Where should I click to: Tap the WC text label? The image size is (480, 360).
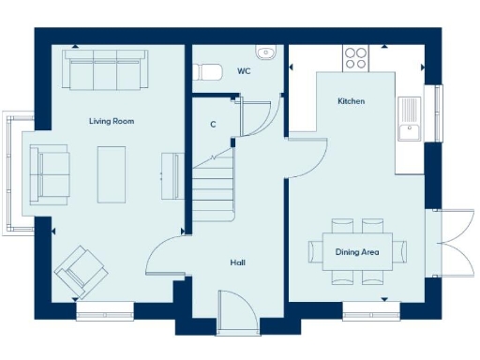point(244,70)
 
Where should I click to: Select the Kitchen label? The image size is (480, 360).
point(352,101)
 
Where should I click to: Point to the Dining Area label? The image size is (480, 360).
point(357,251)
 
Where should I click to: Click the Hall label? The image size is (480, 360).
point(238,262)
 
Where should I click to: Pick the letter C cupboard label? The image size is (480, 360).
point(214,123)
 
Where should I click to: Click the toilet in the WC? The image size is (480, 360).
point(206,71)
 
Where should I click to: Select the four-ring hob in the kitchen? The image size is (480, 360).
point(355,59)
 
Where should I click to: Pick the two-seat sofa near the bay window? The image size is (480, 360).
point(49,173)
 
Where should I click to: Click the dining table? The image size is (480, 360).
point(358,251)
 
